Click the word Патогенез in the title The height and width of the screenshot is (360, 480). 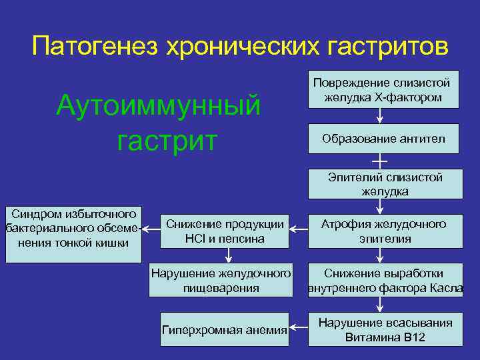[93, 47]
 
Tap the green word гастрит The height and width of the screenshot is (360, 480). [167, 141]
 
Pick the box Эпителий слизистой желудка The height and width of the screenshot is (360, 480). [385, 184]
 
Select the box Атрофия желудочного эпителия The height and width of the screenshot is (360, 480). [385, 231]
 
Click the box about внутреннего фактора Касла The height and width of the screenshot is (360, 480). [385, 281]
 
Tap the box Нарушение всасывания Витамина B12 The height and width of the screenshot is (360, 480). [385, 330]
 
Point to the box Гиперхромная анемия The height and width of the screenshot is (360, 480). [225, 329]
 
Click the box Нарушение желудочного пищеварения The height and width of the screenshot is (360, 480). [221, 281]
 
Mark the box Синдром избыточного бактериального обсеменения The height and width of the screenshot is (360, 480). [70, 228]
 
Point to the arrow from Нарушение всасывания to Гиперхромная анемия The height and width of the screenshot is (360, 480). [299, 329]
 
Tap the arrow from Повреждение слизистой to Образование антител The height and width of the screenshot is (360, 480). [379, 115]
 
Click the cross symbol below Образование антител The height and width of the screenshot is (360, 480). [379, 161]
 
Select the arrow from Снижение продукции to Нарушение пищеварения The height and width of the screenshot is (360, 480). [227, 256]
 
